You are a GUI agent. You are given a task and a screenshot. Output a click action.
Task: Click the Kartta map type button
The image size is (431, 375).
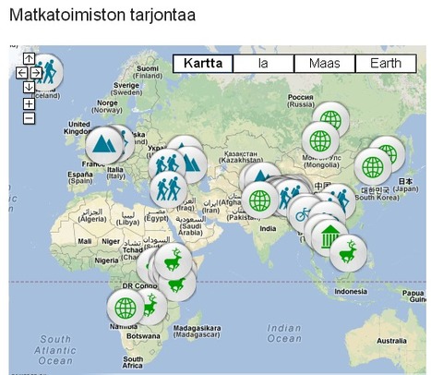click(x=202, y=64)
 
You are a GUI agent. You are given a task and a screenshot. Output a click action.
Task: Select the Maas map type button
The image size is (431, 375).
click(x=324, y=64)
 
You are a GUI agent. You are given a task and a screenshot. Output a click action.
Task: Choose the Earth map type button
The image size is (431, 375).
click(x=385, y=64)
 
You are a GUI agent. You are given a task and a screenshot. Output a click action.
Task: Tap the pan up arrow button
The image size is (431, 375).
click(x=29, y=59)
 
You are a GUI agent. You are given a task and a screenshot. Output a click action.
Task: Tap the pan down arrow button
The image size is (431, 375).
click(x=29, y=87)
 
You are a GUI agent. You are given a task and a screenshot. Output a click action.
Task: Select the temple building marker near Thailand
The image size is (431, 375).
click(x=328, y=236)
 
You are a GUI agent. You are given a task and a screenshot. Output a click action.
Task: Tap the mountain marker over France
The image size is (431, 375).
click(x=103, y=143)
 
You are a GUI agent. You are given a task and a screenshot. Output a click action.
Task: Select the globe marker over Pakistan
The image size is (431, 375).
click(x=260, y=199)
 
